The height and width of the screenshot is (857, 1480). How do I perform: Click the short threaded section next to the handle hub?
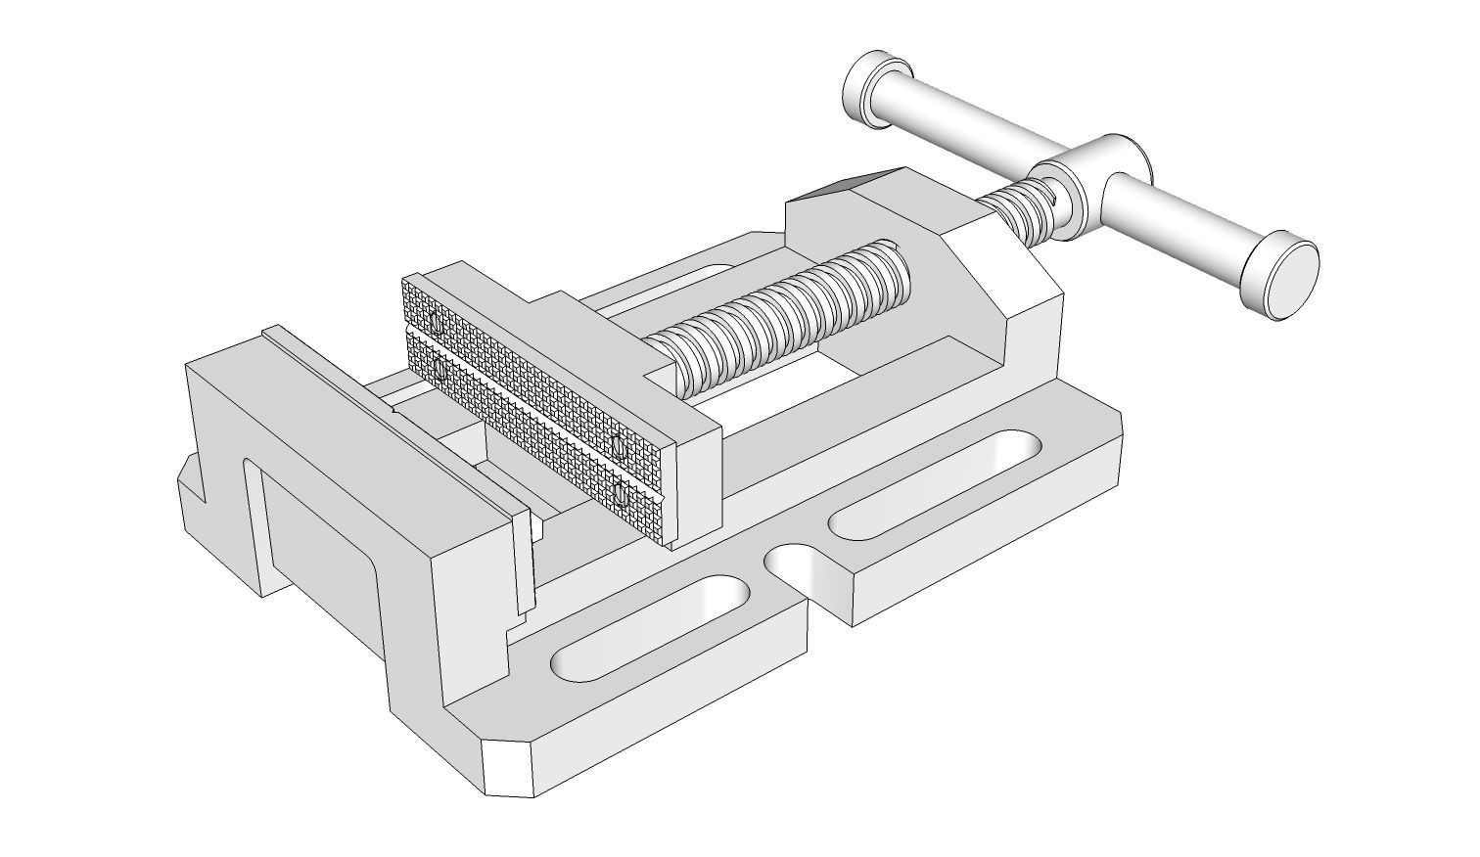(x=1018, y=210)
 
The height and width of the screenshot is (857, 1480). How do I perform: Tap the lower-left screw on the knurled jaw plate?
(x=439, y=371)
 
